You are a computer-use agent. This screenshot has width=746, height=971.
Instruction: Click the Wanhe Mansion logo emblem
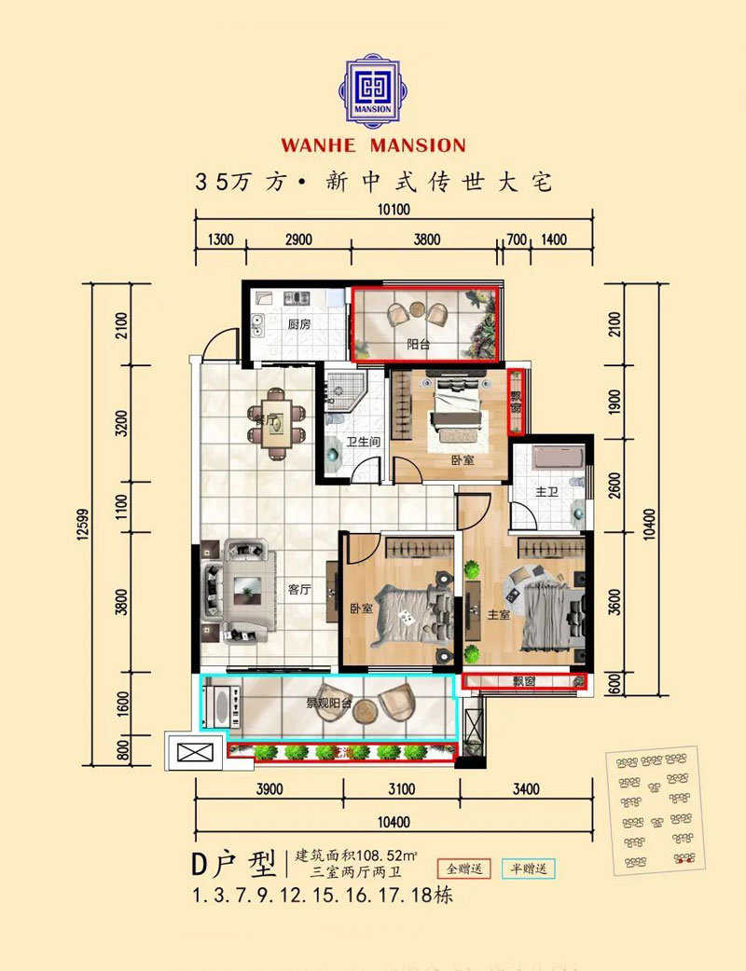(x=372, y=89)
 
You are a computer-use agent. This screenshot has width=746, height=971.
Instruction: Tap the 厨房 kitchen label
(x=298, y=324)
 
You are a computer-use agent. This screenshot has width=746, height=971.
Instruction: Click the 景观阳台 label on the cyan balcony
(x=328, y=704)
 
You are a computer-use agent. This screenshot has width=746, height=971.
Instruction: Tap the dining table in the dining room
(x=277, y=427)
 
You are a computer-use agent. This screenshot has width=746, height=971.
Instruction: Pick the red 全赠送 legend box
(x=465, y=868)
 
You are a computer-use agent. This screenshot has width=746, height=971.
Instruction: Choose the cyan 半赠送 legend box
(x=528, y=868)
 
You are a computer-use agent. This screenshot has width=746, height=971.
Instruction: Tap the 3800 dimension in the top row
(x=425, y=239)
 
